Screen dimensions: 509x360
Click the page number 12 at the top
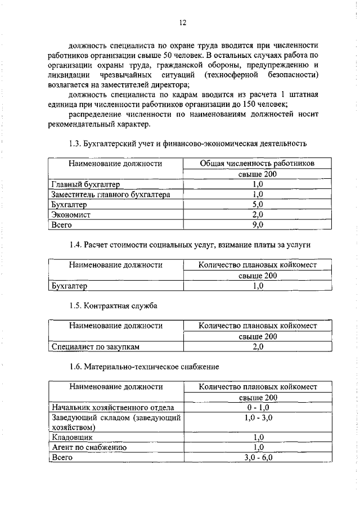pyautogui.click(x=182, y=23)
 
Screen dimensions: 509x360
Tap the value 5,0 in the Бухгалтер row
pyautogui.click(x=258, y=204)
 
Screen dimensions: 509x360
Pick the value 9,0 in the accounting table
pyautogui.click(x=258, y=224)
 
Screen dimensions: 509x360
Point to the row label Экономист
pyautogui.click(x=71, y=214)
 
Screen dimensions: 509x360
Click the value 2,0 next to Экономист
pyautogui.click(x=258, y=214)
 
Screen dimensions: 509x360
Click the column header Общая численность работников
pyautogui.click(x=257, y=164)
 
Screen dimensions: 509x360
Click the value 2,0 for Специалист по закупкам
pyautogui.click(x=258, y=346)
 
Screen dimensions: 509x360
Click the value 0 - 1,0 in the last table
pyautogui.click(x=258, y=407)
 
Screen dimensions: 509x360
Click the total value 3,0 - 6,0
pyautogui.click(x=258, y=457)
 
